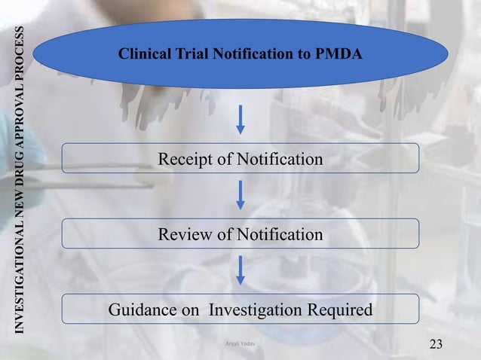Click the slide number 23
(436, 345)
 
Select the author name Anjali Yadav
(240, 343)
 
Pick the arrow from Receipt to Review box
(240, 195)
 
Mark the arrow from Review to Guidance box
(240, 270)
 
